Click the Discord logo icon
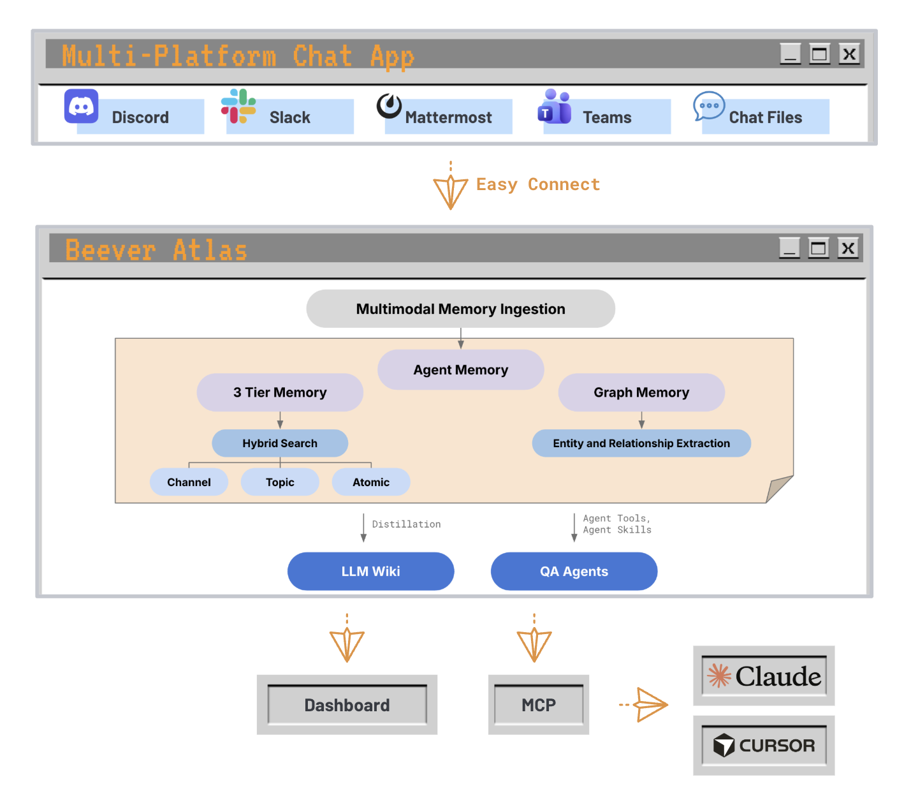(81, 106)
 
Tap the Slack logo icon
(238, 106)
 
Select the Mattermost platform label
(448, 117)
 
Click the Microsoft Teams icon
(555, 107)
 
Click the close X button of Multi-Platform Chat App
(849, 54)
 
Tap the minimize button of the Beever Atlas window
(789, 248)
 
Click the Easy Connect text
(537, 184)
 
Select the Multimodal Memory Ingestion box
(460, 309)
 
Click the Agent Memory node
(460, 370)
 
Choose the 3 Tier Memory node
(280, 392)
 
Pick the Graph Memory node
(641, 392)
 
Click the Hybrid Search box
(280, 443)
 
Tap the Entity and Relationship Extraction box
(641, 443)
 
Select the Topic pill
(280, 482)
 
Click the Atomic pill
(371, 482)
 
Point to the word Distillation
(406, 524)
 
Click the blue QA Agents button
(574, 572)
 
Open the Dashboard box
(347, 705)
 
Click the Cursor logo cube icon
(724, 745)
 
